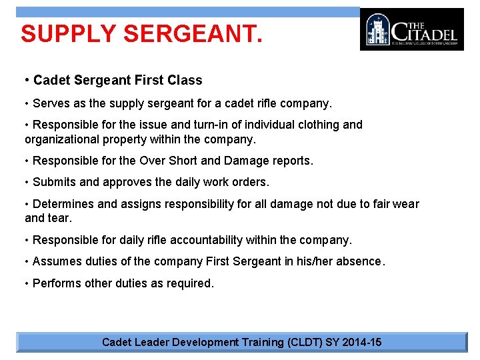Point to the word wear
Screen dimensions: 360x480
coord(406,204)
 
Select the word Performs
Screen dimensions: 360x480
coord(57,283)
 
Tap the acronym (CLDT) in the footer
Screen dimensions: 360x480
coord(304,343)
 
